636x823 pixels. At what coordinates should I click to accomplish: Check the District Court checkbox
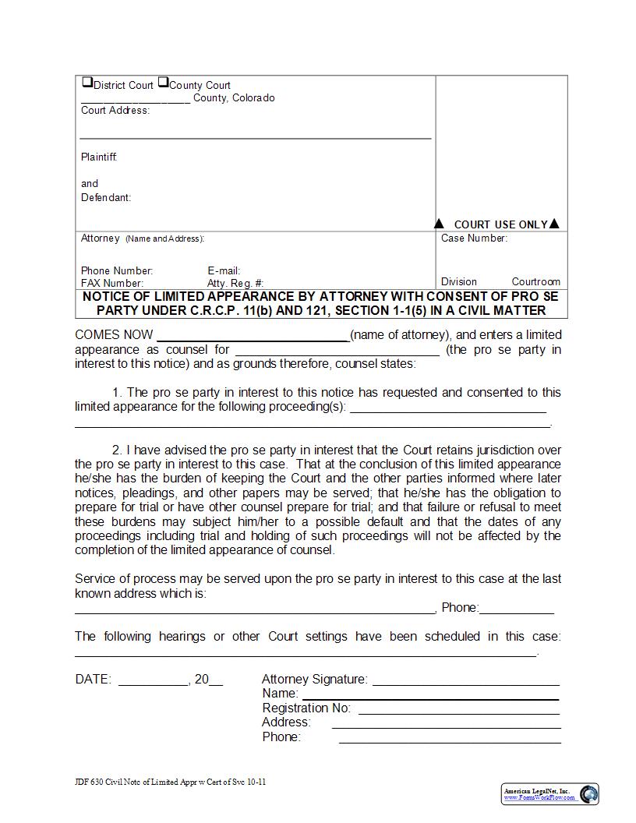(x=87, y=83)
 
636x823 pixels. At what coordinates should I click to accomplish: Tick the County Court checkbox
(x=163, y=83)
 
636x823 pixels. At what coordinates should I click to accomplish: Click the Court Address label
(x=115, y=111)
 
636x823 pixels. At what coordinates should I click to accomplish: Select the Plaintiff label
(x=99, y=157)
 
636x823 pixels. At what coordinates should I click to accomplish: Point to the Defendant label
(x=106, y=198)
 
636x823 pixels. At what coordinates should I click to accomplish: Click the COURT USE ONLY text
(x=500, y=224)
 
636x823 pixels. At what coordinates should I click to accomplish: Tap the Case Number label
(x=474, y=238)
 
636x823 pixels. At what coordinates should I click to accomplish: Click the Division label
(x=459, y=282)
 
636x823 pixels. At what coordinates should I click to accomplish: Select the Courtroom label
(x=535, y=282)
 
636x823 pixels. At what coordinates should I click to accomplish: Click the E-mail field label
(x=224, y=271)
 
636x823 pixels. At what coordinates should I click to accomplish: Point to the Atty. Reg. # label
(x=235, y=284)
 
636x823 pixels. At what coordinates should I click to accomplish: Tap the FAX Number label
(x=112, y=284)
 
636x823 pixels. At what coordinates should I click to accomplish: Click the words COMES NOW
(x=114, y=335)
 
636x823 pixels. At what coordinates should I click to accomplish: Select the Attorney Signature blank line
(x=466, y=683)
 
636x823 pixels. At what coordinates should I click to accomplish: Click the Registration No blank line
(x=458, y=712)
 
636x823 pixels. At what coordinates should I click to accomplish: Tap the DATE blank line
(x=154, y=683)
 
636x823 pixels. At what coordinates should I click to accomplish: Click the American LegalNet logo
(x=549, y=794)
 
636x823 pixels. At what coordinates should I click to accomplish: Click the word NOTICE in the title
(x=110, y=297)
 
